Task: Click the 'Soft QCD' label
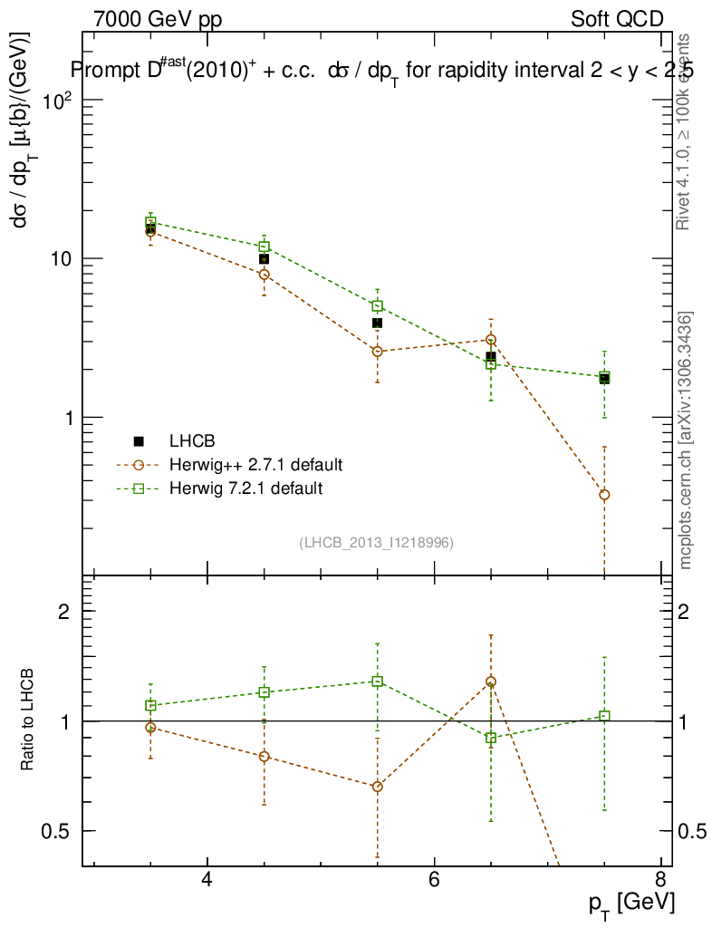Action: (617, 19)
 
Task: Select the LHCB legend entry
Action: (190, 441)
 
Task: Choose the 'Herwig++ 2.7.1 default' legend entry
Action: (255, 465)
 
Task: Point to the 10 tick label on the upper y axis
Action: (60, 258)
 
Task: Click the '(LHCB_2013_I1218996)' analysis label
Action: (376, 543)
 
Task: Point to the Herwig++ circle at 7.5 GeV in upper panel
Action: (604, 495)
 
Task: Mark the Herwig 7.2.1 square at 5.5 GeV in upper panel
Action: (378, 306)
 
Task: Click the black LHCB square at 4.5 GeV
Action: (264, 259)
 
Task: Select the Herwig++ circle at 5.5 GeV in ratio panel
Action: (378, 787)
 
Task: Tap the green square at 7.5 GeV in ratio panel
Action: (604, 716)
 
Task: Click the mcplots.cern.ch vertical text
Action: (686, 440)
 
